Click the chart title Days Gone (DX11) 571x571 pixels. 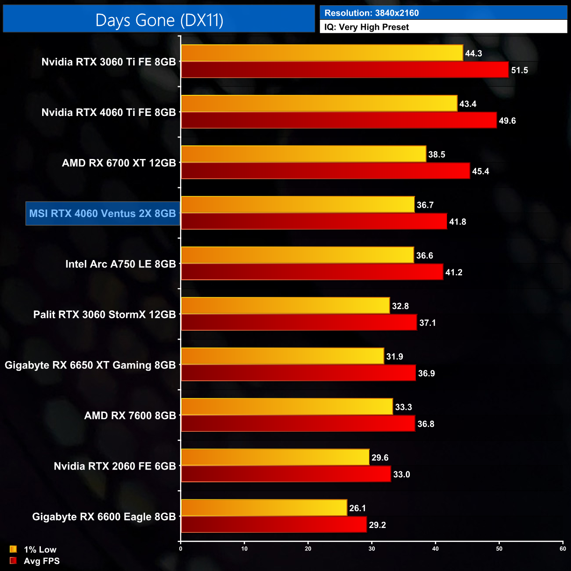click(159, 20)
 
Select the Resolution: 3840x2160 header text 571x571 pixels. click(371, 13)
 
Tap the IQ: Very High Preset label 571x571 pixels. click(366, 27)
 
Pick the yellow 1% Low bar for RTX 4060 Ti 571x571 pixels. click(319, 104)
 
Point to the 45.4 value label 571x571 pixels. click(480, 171)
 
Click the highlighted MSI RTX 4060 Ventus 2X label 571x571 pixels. click(103, 213)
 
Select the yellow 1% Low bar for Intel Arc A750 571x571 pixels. click(297, 255)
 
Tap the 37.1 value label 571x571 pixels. click(427, 323)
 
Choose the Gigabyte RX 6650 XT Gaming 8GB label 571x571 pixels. click(90, 365)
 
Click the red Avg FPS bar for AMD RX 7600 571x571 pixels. click(298, 424)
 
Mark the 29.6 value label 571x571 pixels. click(379, 458)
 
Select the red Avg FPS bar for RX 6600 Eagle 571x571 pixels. click(274, 525)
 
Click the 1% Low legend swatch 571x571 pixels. click(13, 549)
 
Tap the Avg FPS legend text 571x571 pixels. click(41, 561)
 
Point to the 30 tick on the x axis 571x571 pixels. click(372, 549)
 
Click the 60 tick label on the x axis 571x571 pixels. click(563, 549)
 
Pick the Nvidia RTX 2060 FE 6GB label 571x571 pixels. click(115, 466)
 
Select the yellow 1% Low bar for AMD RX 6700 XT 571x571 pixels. click(304, 154)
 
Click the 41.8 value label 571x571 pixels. click(457, 222)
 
